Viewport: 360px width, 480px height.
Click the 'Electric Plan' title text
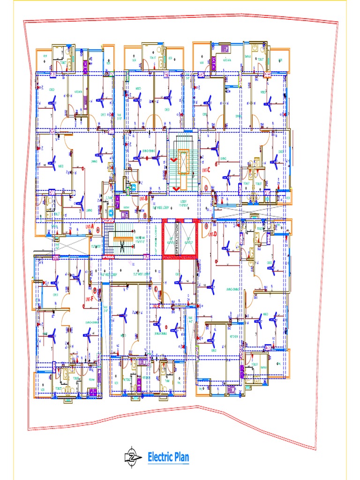[x=168, y=457]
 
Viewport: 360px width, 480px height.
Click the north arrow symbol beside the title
[x=133, y=457]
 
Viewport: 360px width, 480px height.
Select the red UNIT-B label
[x=143, y=199]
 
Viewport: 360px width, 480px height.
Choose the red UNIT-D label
[x=212, y=234]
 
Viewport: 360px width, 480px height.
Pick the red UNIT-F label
[x=89, y=298]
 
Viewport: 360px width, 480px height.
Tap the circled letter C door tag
[x=206, y=187]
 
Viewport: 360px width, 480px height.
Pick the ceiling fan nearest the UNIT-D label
[x=226, y=247]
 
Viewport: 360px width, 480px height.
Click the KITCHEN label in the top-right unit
[x=227, y=60]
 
